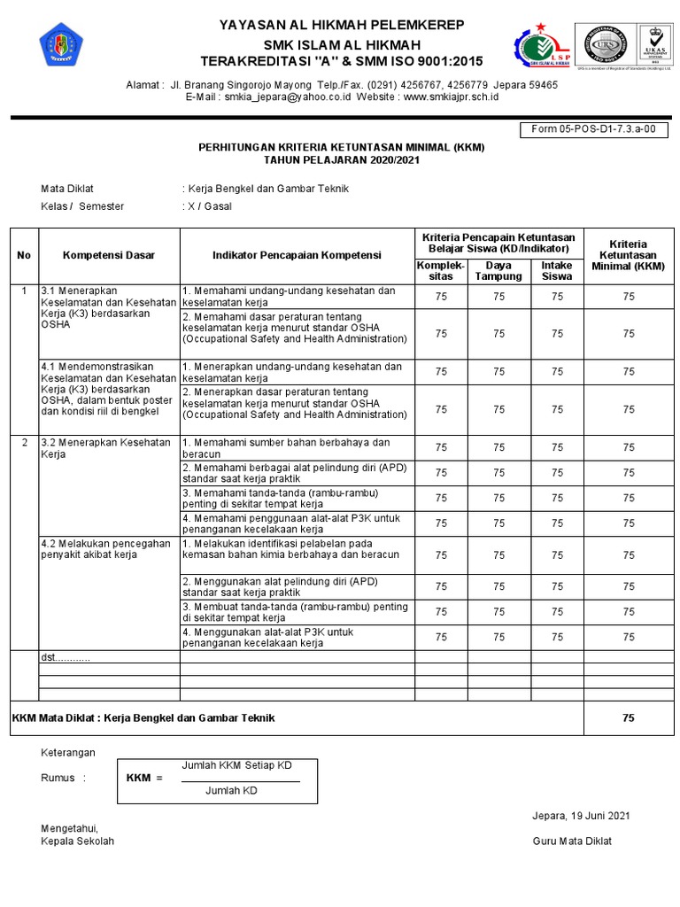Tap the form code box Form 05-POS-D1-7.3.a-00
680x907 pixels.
593,130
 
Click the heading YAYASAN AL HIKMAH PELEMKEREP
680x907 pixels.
341,25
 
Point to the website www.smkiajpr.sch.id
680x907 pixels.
451,97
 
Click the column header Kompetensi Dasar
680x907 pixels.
109,255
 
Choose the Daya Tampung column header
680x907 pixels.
498,271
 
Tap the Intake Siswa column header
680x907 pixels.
556,271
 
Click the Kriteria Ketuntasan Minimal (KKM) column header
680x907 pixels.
628,255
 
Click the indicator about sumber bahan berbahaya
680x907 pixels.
285,448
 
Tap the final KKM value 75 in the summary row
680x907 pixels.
628,718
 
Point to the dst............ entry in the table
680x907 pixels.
66,658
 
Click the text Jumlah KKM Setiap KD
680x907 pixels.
236,765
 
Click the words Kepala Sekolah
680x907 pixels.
78,841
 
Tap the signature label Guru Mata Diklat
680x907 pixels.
572,841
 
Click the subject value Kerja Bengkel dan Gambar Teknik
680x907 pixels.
268,189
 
